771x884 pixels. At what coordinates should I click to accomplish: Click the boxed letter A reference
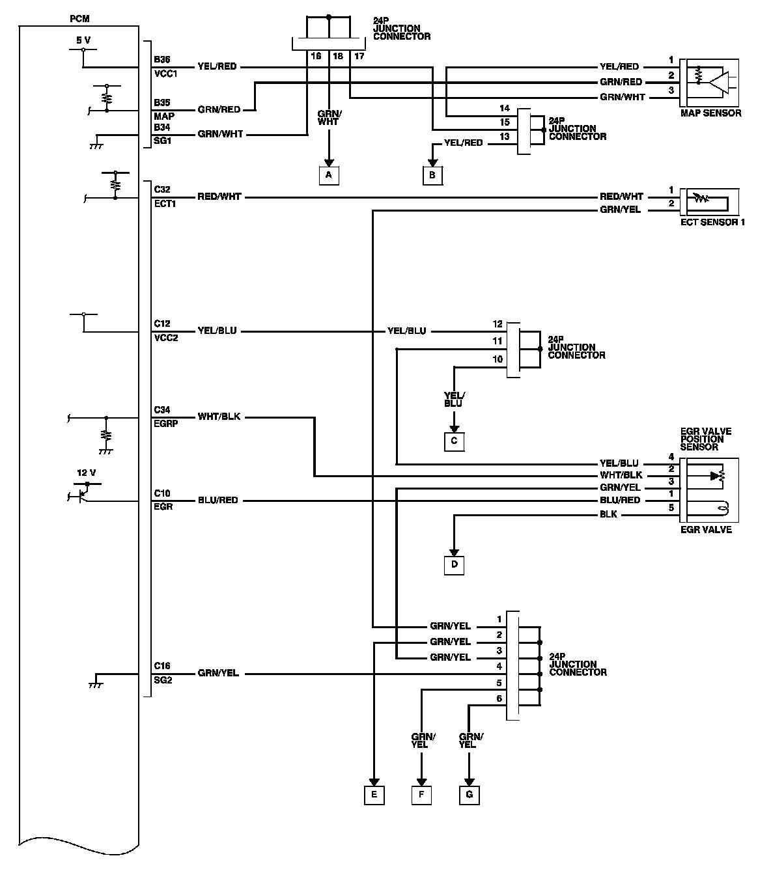pyautogui.click(x=329, y=175)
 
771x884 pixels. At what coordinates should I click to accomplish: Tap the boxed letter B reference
pyautogui.click(x=432, y=175)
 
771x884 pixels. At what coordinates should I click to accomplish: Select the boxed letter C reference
pyautogui.click(x=454, y=441)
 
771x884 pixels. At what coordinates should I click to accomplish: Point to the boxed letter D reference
pyautogui.click(x=454, y=564)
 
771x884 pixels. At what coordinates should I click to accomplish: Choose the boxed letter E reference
pyautogui.click(x=374, y=795)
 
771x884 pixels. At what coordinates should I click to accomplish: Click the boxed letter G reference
pyautogui.click(x=469, y=795)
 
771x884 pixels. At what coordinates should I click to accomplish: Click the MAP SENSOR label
pyautogui.click(x=710, y=113)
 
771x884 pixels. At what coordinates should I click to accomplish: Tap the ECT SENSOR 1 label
pyautogui.click(x=712, y=222)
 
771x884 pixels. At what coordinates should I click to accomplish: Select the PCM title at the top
pyautogui.click(x=79, y=18)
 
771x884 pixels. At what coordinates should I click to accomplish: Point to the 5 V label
pyautogui.click(x=83, y=40)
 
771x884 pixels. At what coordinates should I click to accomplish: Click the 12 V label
pyautogui.click(x=86, y=473)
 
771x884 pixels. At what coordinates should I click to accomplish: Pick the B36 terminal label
pyautogui.click(x=161, y=59)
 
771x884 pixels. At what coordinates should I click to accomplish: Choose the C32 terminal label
pyautogui.click(x=162, y=189)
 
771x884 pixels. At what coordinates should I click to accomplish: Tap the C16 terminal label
pyautogui.click(x=162, y=666)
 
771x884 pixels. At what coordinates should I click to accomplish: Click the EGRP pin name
pyautogui.click(x=165, y=423)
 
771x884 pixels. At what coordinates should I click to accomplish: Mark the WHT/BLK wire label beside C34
pyautogui.click(x=219, y=416)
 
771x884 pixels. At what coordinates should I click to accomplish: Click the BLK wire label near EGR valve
pyautogui.click(x=608, y=514)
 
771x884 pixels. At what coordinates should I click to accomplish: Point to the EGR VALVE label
pyautogui.click(x=706, y=529)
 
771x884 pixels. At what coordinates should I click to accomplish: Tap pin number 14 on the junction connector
pyautogui.click(x=504, y=108)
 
